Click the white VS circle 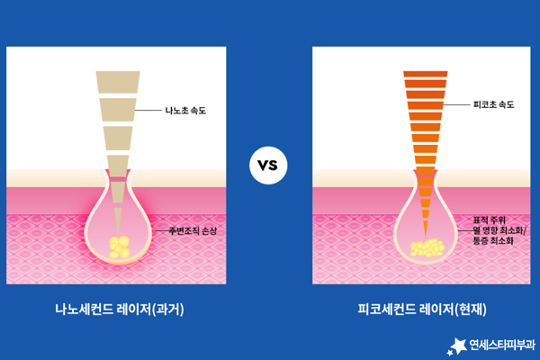pyautogui.click(x=268, y=166)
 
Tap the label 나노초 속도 pyautogui.click(x=185, y=111)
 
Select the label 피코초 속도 pyautogui.click(x=494, y=104)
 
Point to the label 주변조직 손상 pyautogui.click(x=193, y=230)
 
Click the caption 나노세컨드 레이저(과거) pyautogui.click(x=120, y=309)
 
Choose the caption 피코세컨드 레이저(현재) pyautogui.click(x=422, y=309)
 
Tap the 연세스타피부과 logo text pyautogui.click(x=502, y=345)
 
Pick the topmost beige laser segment pyautogui.click(x=118, y=82)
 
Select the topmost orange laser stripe pyautogui.click(x=426, y=74)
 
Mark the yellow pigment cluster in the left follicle pyautogui.click(x=119, y=247)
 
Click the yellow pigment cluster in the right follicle pyautogui.click(x=427, y=247)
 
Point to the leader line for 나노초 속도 pyautogui.click(x=148, y=110)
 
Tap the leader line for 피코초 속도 pyautogui.click(x=456, y=104)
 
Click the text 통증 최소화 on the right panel pyautogui.click(x=493, y=240)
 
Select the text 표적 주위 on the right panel pyautogui.click(x=489, y=220)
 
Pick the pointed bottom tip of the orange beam pyautogui.click(x=426, y=238)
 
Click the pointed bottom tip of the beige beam pyautogui.click(x=118, y=235)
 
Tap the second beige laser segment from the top pyautogui.click(x=118, y=110)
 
